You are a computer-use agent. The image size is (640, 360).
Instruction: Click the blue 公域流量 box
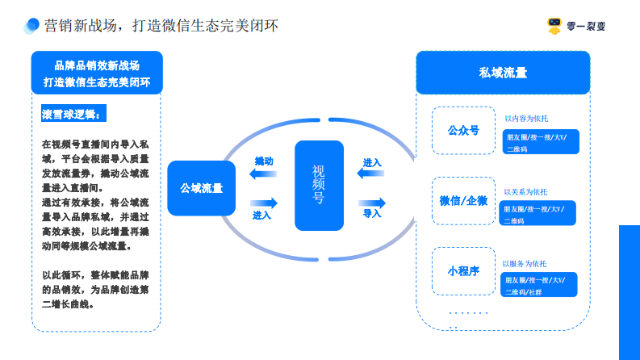pyautogui.click(x=201, y=188)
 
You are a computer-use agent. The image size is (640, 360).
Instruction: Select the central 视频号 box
pyautogui.click(x=319, y=185)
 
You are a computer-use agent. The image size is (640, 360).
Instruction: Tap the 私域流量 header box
pyautogui.click(x=502, y=73)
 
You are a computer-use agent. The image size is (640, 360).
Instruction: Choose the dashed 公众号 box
pyautogui.click(x=463, y=130)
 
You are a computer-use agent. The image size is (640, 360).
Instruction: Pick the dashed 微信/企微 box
pyautogui.click(x=463, y=200)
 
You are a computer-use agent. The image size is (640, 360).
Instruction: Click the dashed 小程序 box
pyautogui.click(x=463, y=270)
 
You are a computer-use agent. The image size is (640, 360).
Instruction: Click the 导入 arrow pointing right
pyautogui.click(x=371, y=202)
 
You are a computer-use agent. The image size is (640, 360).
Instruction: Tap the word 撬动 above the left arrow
pyautogui.click(x=263, y=161)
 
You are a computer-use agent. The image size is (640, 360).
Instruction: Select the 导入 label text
pyautogui.click(x=371, y=215)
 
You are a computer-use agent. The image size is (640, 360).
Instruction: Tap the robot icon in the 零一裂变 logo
pyautogui.click(x=554, y=26)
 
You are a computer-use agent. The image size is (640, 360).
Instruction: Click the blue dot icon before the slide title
pyautogui.click(x=31, y=26)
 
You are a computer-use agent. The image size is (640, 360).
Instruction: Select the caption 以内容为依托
pyautogui.click(x=526, y=119)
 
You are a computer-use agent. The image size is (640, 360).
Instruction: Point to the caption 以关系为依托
pyautogui.click(x=525, y=192)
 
